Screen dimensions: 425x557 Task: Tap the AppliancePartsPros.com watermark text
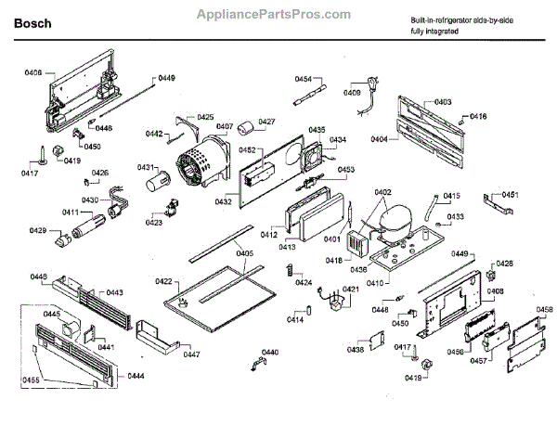click(x=278, y=15)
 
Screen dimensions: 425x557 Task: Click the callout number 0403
click(x=443, y=101)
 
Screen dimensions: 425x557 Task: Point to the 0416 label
click(x=478, y=116)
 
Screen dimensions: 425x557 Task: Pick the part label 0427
click(x=267, y=122)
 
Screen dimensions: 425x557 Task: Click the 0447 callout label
click(x=191, y=354)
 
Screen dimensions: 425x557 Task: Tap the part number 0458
click(x=544, y=309)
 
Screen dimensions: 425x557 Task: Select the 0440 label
click(x=270, y=352)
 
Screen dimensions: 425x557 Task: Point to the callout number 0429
click(x=37, y=230)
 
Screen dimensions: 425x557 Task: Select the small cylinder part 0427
click(x=246, y=129)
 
